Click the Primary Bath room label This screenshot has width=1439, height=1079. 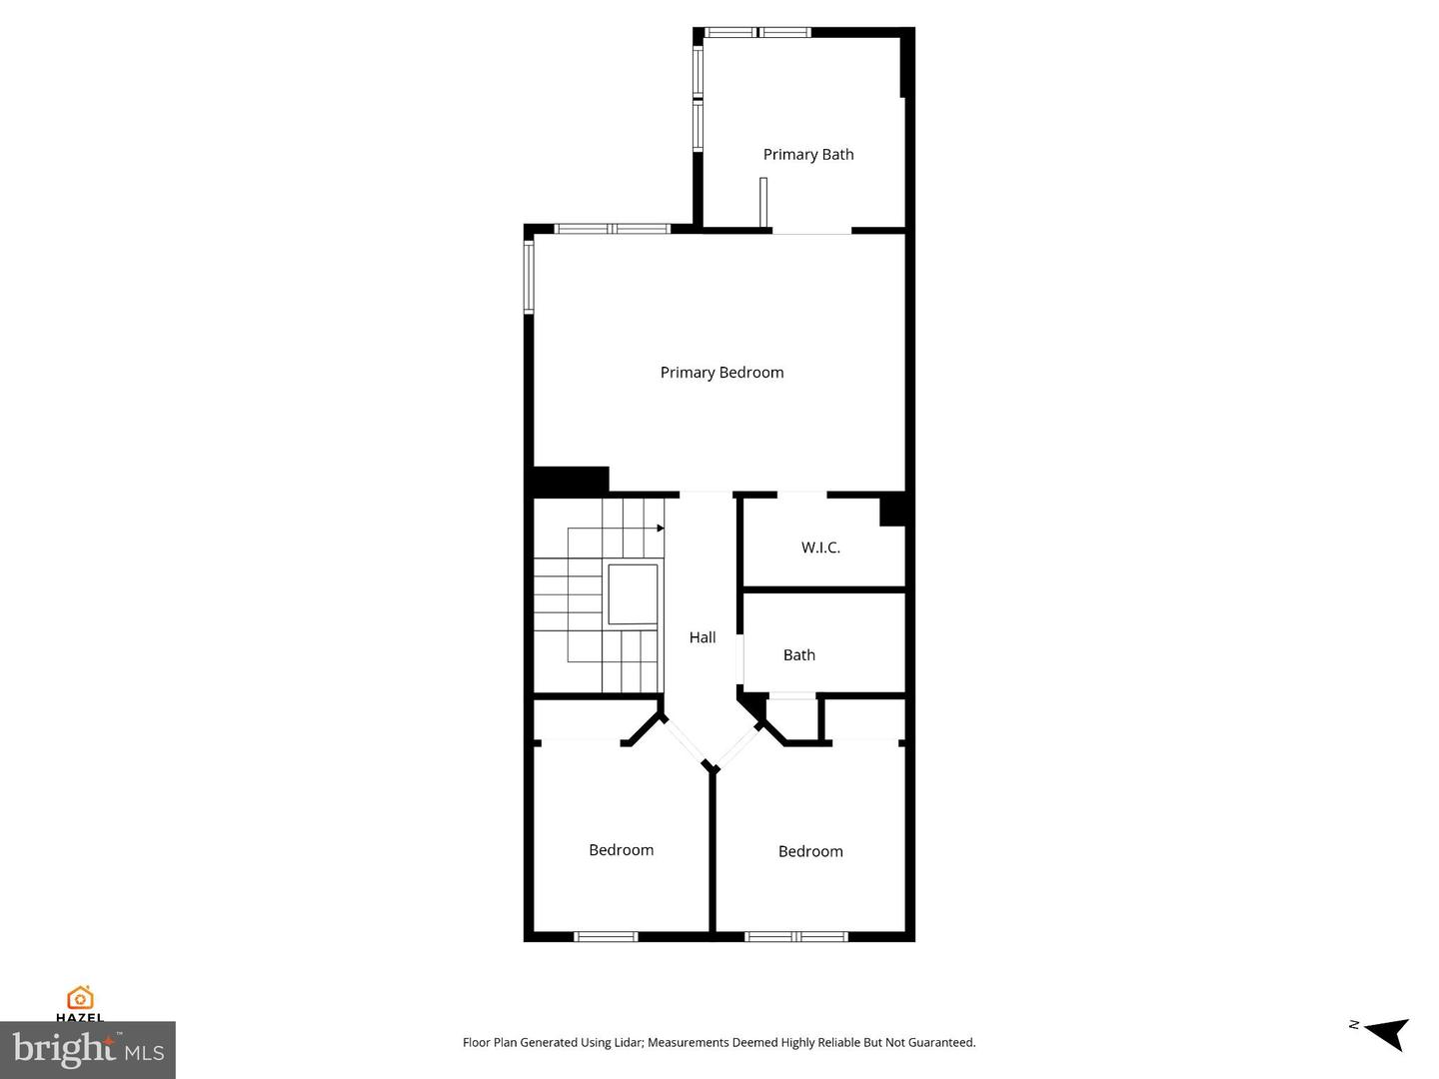click(808, 155)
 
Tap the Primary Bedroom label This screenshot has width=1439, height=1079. click(721, 373)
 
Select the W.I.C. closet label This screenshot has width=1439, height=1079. click(820, 547)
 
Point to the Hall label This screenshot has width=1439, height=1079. click(703, 636)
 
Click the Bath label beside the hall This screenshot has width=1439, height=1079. click(799, 654)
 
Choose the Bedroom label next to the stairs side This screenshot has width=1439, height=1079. click(621, 849)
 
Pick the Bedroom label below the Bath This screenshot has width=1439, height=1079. click(810, 851)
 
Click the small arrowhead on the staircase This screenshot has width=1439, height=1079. click(661, 529)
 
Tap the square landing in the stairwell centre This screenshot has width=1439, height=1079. click(633, 594)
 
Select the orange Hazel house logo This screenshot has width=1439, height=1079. click(80, 998)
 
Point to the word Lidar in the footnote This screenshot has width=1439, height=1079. click(626, 1042)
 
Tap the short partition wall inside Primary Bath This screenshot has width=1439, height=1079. click(763, 203)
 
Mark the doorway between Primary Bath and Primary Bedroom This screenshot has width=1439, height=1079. click(811, 231)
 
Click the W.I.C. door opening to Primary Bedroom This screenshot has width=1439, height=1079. click(801, 494)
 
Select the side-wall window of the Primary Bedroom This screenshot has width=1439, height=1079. click(529, 277)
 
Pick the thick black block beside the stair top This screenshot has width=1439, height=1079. click(570, 482)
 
